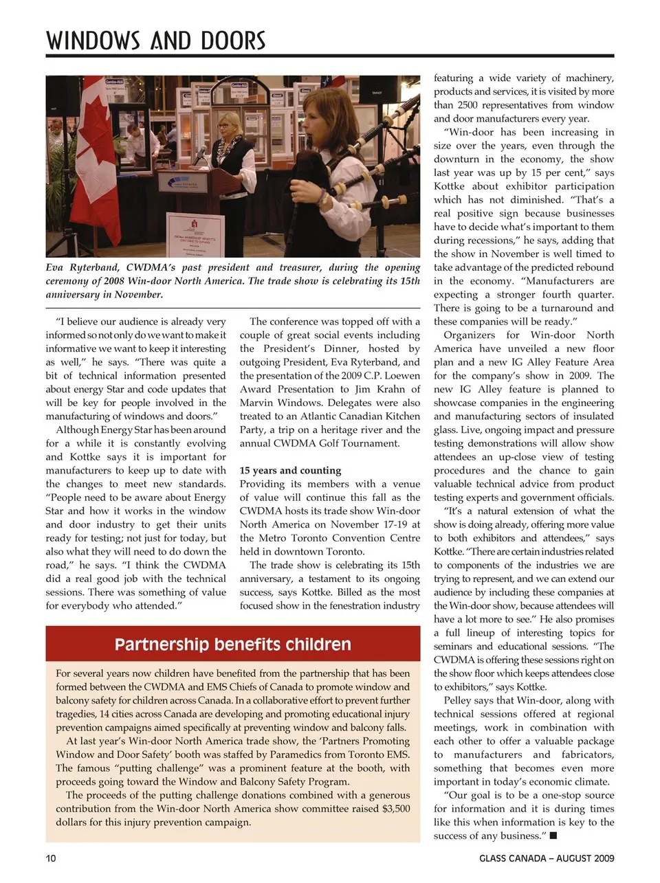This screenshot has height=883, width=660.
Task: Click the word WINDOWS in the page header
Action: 94,41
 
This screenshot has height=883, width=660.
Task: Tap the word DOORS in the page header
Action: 232,41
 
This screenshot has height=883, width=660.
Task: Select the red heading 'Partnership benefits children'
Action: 232,645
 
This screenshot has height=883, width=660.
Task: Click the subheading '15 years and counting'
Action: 290,471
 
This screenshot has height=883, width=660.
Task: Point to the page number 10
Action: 51,858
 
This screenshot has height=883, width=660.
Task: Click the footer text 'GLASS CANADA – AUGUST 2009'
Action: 547,858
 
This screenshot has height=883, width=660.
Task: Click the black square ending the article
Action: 553,836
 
